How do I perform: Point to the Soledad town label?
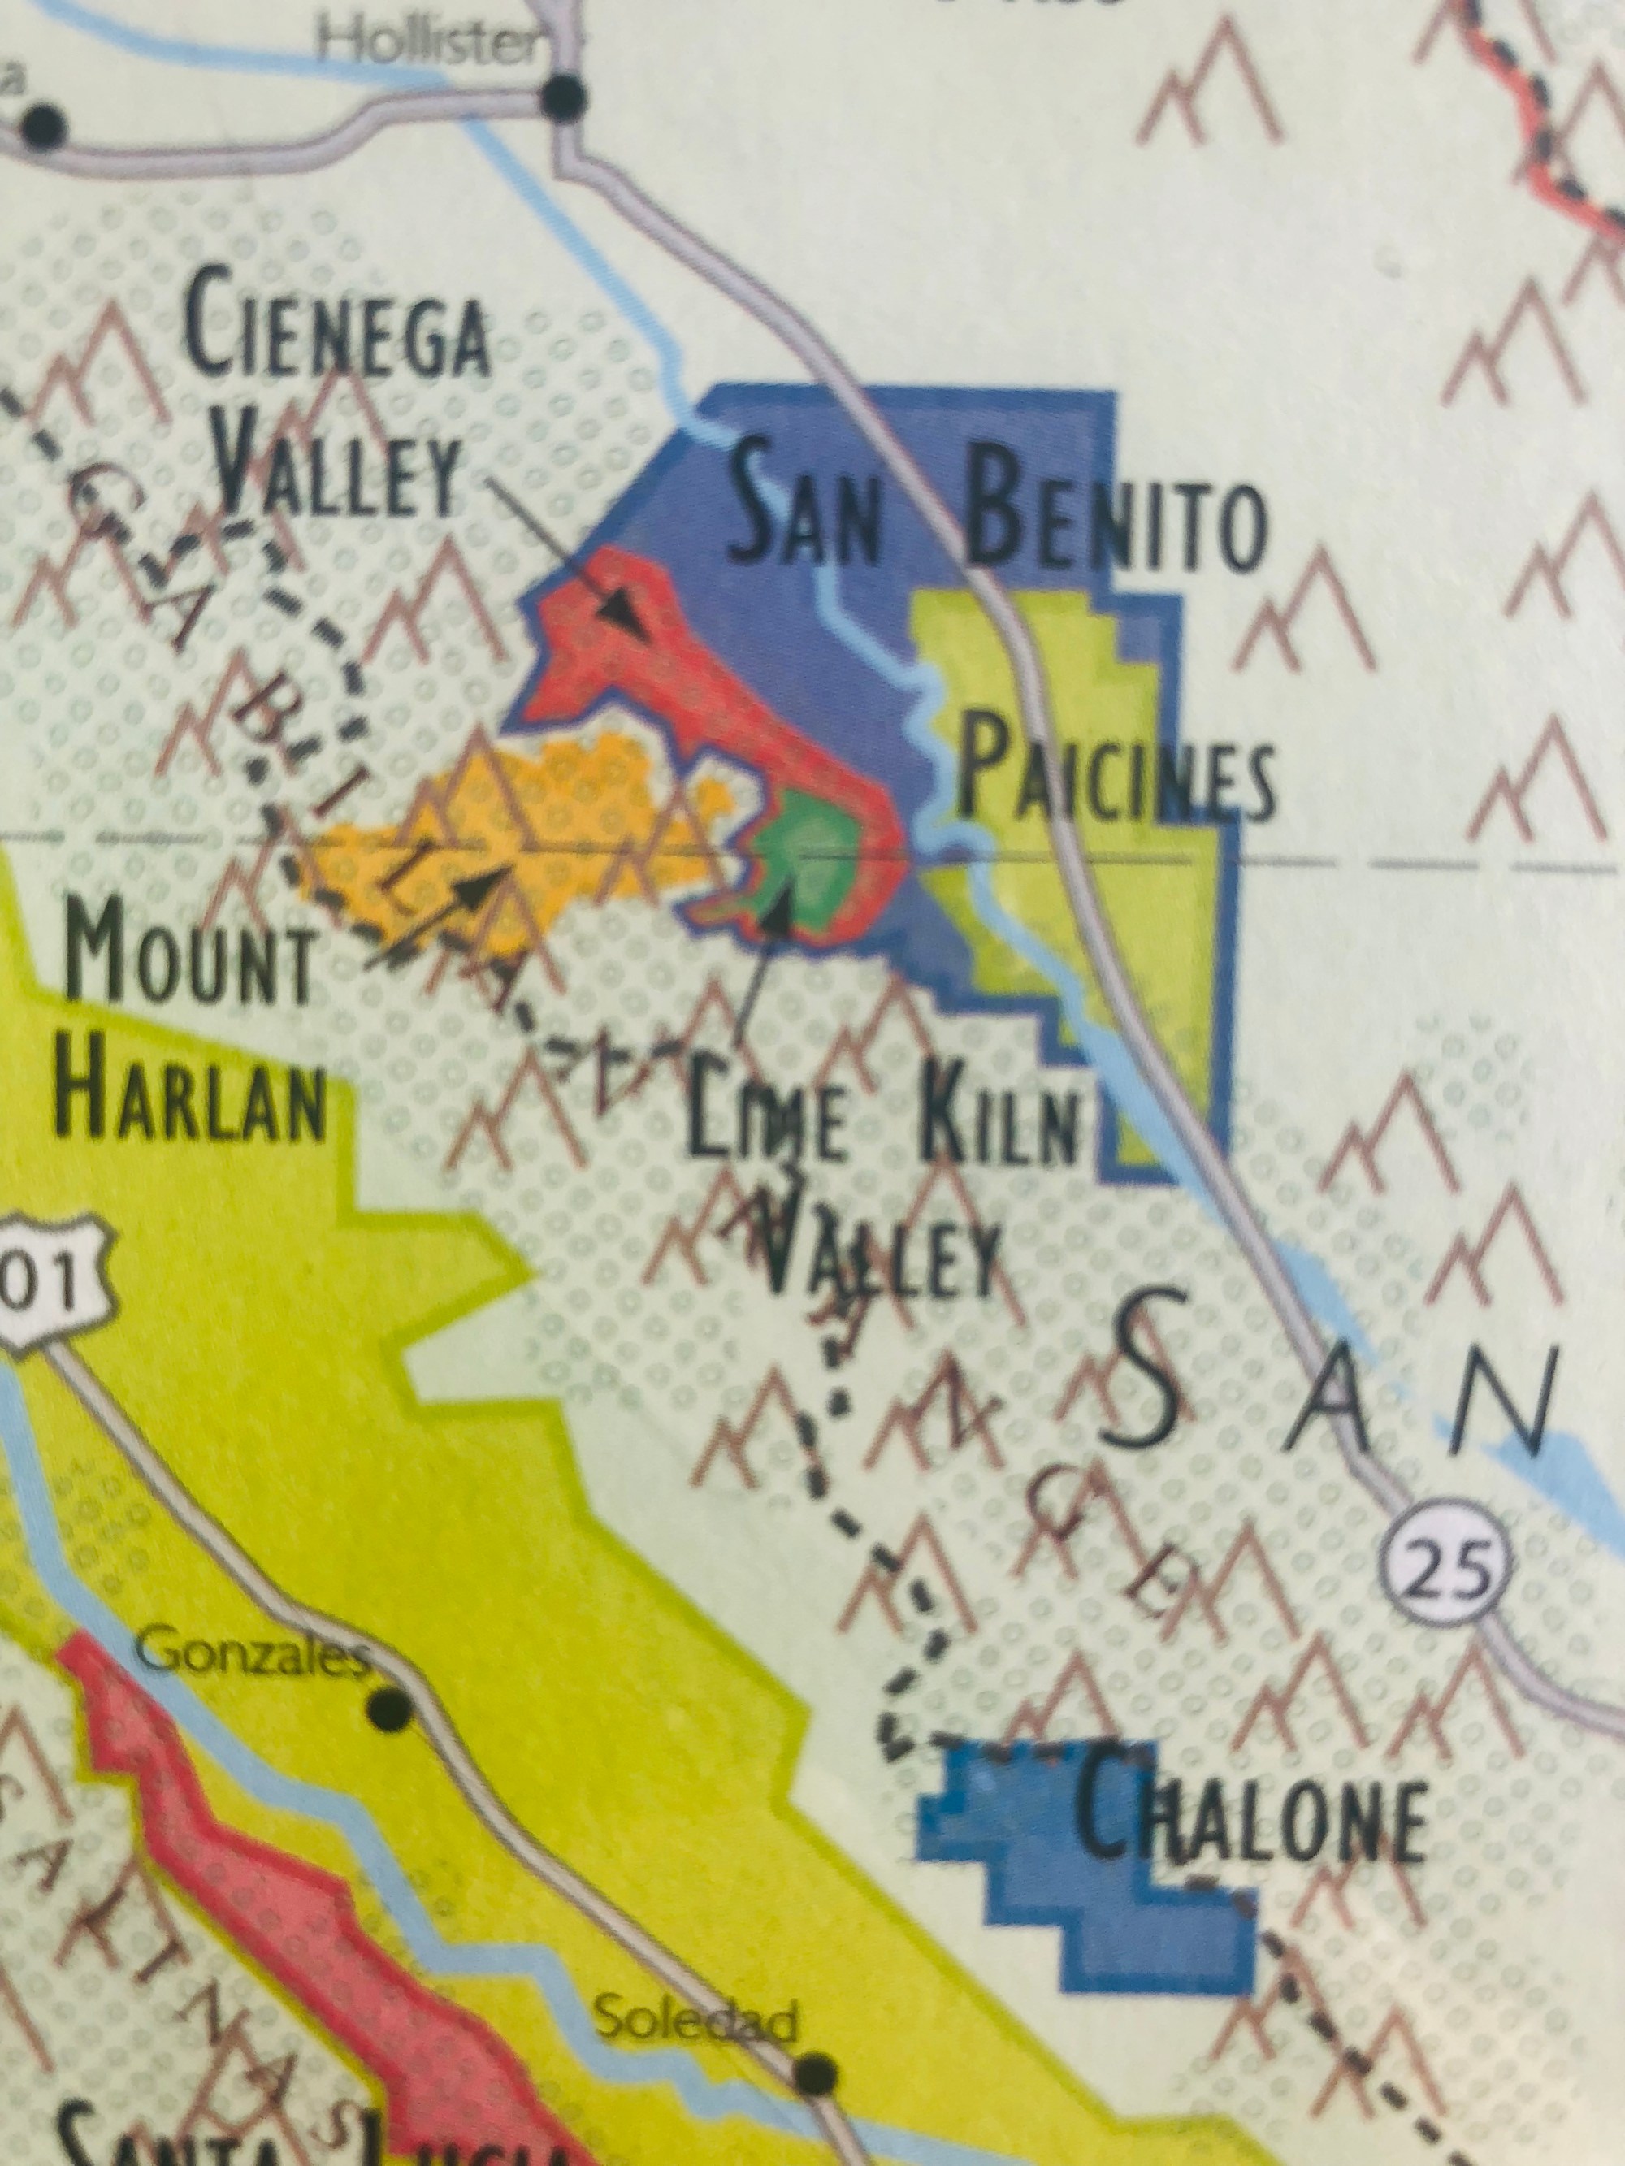(695, 2019)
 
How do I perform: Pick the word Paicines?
(1116, 778)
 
